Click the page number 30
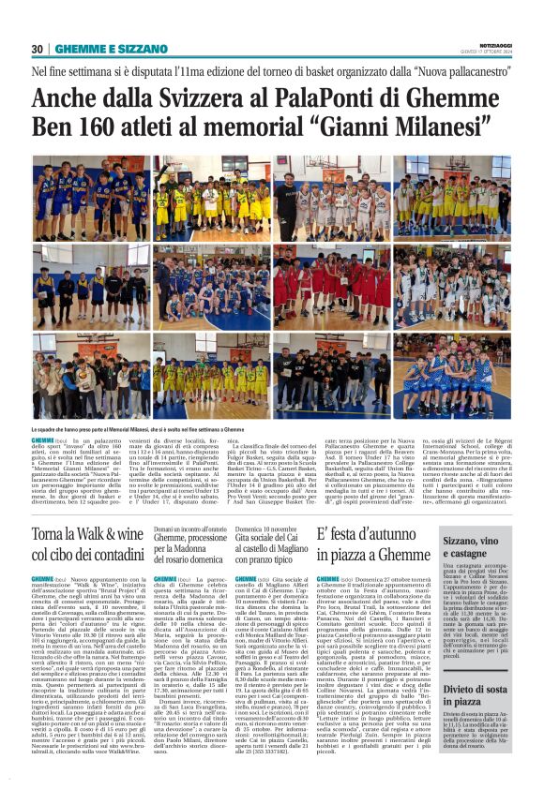tap(37, 49)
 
